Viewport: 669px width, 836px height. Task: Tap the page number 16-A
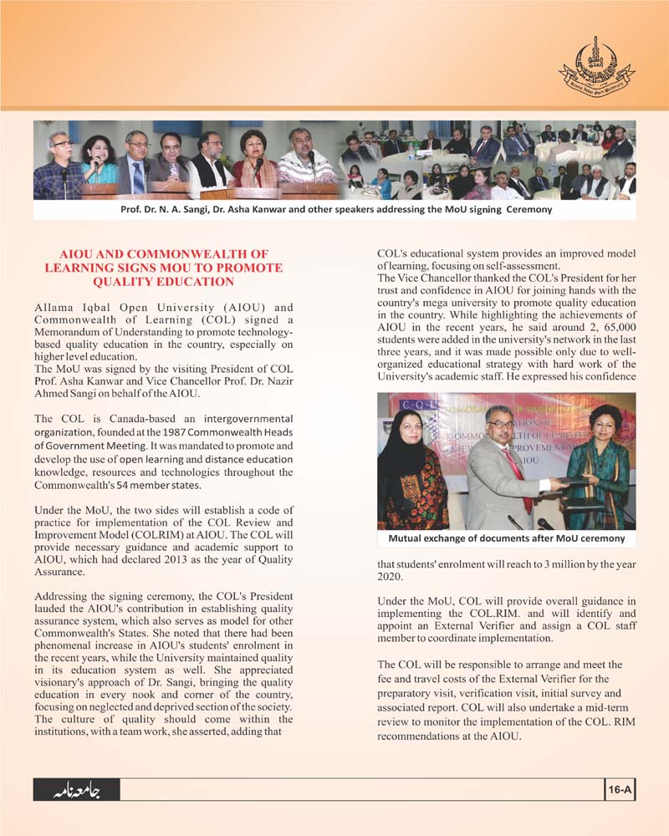pyautogui.click(x=620, y=788)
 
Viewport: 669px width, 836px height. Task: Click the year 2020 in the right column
pyautogui.click(x=393, y=576)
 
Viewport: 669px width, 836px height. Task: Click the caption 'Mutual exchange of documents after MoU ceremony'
pyautogui.click(x=506, y=538)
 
